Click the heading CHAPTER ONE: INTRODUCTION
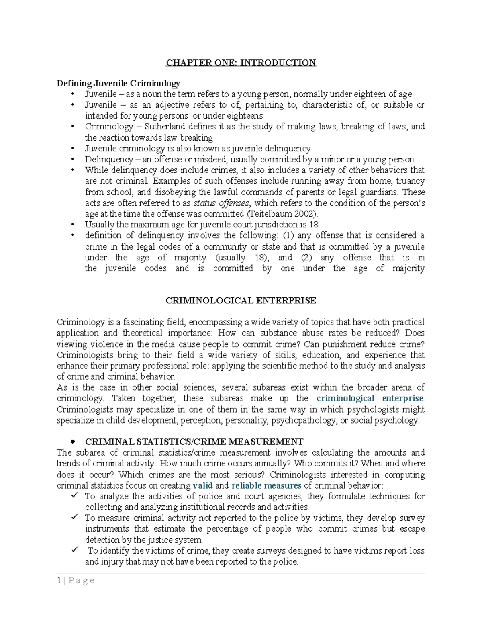pyautogui.click(x=241, y=63)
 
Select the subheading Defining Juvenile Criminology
pyautogui.click(x=118, y=83)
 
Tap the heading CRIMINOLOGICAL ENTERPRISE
pyautogui.click(x=241, y=301)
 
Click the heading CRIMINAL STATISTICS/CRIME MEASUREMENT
pyautogui.click(x=194, y=442)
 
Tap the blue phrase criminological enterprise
pyautogui.click(x=370, y=398)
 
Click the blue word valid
pyautogui.click(x=202, y=485)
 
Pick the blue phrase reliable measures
pyautogui.click(x=266, y=485)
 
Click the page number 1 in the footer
pyautogui.click(x=59, y=580)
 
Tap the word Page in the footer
pyautogui.click(x=82, y=580)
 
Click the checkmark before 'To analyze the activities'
pyautogui.click(x=74, y=495)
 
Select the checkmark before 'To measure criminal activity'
pyautogui.click(x=74, y=517)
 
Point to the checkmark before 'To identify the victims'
pyautogui.click(x=74, y=550)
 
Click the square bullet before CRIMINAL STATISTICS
pyautogui.click(x=73, y=442)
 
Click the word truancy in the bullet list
pyautogui.click(x=410, y=181)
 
